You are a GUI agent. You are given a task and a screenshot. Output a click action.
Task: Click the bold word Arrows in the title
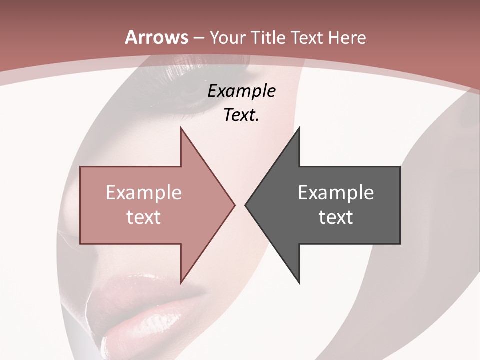click(156, 37)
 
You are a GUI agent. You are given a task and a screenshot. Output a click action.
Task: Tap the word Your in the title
click(228, 37)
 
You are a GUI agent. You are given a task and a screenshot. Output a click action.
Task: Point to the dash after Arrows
click(198, 38)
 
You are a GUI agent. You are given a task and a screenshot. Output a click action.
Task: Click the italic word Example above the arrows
click(241, 91)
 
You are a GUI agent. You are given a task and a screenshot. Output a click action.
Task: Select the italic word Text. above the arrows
click(241, 115)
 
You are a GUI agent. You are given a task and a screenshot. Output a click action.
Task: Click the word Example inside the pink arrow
click(144, 193)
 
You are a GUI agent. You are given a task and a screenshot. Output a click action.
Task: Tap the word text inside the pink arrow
click(144, 217)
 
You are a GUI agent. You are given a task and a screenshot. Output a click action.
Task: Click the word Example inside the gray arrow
click(336, 193)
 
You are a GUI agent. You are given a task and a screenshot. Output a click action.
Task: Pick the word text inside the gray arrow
click(336, 217)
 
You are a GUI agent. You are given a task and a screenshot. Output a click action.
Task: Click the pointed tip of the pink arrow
click(234, 205)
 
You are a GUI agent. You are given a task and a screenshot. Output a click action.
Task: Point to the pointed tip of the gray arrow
click(245, 205)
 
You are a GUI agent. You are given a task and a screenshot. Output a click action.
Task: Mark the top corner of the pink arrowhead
click(181, 128)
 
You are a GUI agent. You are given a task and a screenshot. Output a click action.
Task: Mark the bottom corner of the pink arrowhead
click(181, 283)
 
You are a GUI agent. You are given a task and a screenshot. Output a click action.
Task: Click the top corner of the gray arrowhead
click(299, 128)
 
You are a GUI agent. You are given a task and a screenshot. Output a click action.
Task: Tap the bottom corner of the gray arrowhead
click(299, 283)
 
